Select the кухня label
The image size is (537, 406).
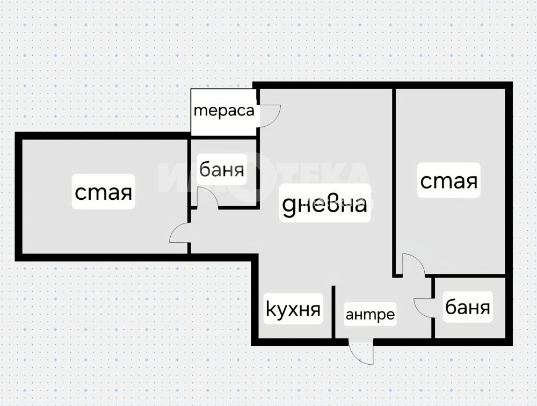click(294, 309)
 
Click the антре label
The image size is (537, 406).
click(370, 314)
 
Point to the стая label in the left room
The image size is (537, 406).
click(104, 192)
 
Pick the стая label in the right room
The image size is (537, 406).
click(448, 181)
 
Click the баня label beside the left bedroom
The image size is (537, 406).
click(221, 170)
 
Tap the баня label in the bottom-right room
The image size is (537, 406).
click(467, 308)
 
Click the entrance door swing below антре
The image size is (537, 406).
click(361, 352)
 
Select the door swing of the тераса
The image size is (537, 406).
click(270, 114)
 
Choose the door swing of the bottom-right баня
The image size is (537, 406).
click(424, 307)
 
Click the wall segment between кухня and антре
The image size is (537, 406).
click(333, 311)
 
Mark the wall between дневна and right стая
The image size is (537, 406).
click(394, 177)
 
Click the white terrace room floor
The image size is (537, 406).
click(223, 126)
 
